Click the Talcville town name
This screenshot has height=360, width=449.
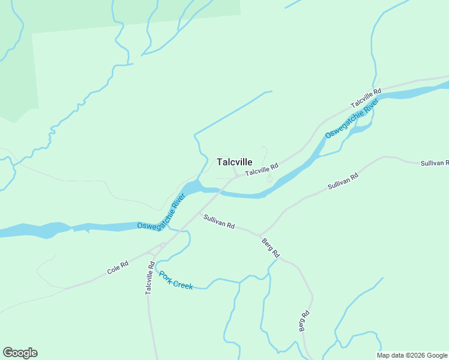234,162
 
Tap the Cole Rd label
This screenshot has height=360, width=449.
118,268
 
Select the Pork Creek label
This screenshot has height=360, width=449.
175,280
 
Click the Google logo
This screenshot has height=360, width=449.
20,352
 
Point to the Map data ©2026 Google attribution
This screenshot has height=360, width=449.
412,355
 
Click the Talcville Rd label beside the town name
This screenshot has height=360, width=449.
262,170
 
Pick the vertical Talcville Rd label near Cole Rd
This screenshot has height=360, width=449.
150,277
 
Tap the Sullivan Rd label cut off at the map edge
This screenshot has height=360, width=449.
434,163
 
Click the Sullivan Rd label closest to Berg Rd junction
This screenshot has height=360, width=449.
218,221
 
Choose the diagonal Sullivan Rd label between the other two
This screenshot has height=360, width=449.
343,182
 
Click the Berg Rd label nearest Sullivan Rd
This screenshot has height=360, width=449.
271,247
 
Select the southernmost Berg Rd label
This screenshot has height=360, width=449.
304,321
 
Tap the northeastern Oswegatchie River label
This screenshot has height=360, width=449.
352,118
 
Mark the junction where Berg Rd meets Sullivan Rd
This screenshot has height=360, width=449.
259,235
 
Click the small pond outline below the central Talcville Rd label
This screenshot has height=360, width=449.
270,178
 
